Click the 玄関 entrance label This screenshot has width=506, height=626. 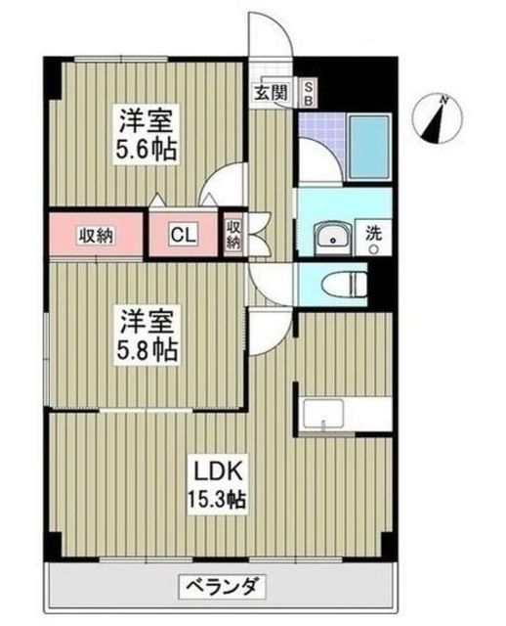(x=272, y=94)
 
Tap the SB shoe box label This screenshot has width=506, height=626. (x=305, y=94)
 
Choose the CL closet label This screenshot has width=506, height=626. (x=183, y=234)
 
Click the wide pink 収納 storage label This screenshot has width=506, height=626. (x=96, y=235)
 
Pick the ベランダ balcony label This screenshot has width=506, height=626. (x=222, y=588)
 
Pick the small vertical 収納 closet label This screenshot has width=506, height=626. (x=234, y=235)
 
